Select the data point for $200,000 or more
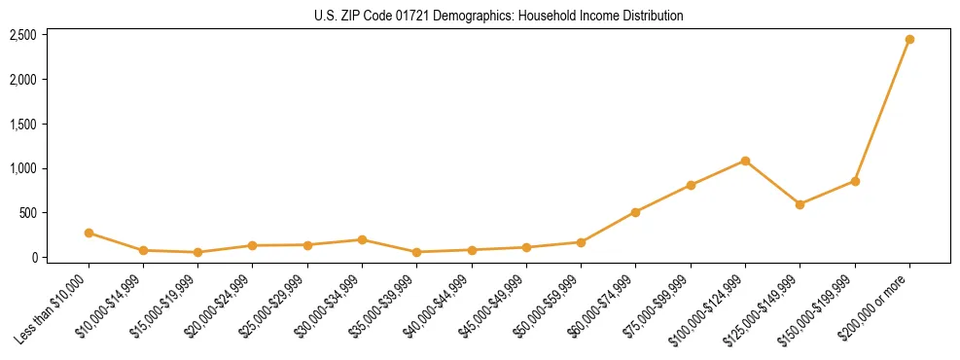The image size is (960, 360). [x=909, y=40]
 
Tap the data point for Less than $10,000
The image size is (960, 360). [x=89, y=234]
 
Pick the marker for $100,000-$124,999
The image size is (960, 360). [x=745, y=161]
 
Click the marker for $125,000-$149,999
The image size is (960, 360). [x=800, y=204]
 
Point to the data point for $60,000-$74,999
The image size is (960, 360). [x=635, y=212]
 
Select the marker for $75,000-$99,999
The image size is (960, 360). [x=691, y=185]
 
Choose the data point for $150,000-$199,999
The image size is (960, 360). [x=855, y=181]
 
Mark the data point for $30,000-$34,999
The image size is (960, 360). [x=362, y=239]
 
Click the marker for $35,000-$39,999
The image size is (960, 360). [x=416, y=252]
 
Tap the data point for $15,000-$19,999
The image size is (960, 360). [x=197, y=252]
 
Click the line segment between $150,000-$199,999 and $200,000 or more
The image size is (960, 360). [x=882, y=111]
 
